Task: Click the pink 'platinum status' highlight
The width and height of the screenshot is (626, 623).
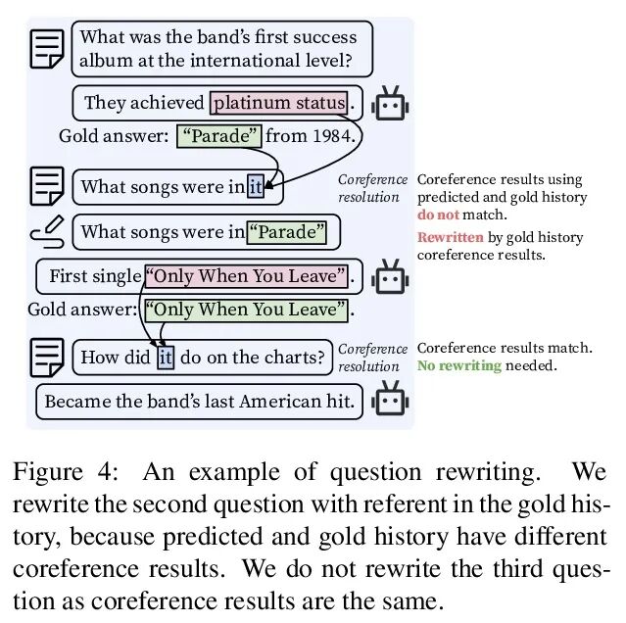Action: (x=279, y=103)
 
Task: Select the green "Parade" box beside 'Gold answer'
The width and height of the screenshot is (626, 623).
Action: (x=219, y=136)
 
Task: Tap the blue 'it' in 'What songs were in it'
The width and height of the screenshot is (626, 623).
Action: (x=255, y=186)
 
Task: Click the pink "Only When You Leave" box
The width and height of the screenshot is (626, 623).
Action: (x=247, y=276)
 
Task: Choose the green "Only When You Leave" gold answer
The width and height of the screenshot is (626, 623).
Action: (x=247, y=311)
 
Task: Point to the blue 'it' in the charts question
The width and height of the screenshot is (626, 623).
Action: (x=166, y=357)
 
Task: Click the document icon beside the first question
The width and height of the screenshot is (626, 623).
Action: (x=46, y=49)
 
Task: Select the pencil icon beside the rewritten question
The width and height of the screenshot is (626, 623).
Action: (x=47, y=231)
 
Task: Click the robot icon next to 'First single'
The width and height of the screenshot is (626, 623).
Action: (x=390, y=277)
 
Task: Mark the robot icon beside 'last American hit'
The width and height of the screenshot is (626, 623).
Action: (x=390, y=402)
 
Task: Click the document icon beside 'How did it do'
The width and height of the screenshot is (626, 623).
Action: (x=46, y=357)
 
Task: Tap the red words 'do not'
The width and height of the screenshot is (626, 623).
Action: (x=437, y=214)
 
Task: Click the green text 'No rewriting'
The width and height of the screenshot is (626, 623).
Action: (x=458, y=365)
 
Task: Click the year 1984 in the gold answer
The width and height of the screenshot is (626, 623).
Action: (x=332, y=136)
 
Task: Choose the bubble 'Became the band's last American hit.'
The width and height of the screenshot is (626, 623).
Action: (x=199, y=402)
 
